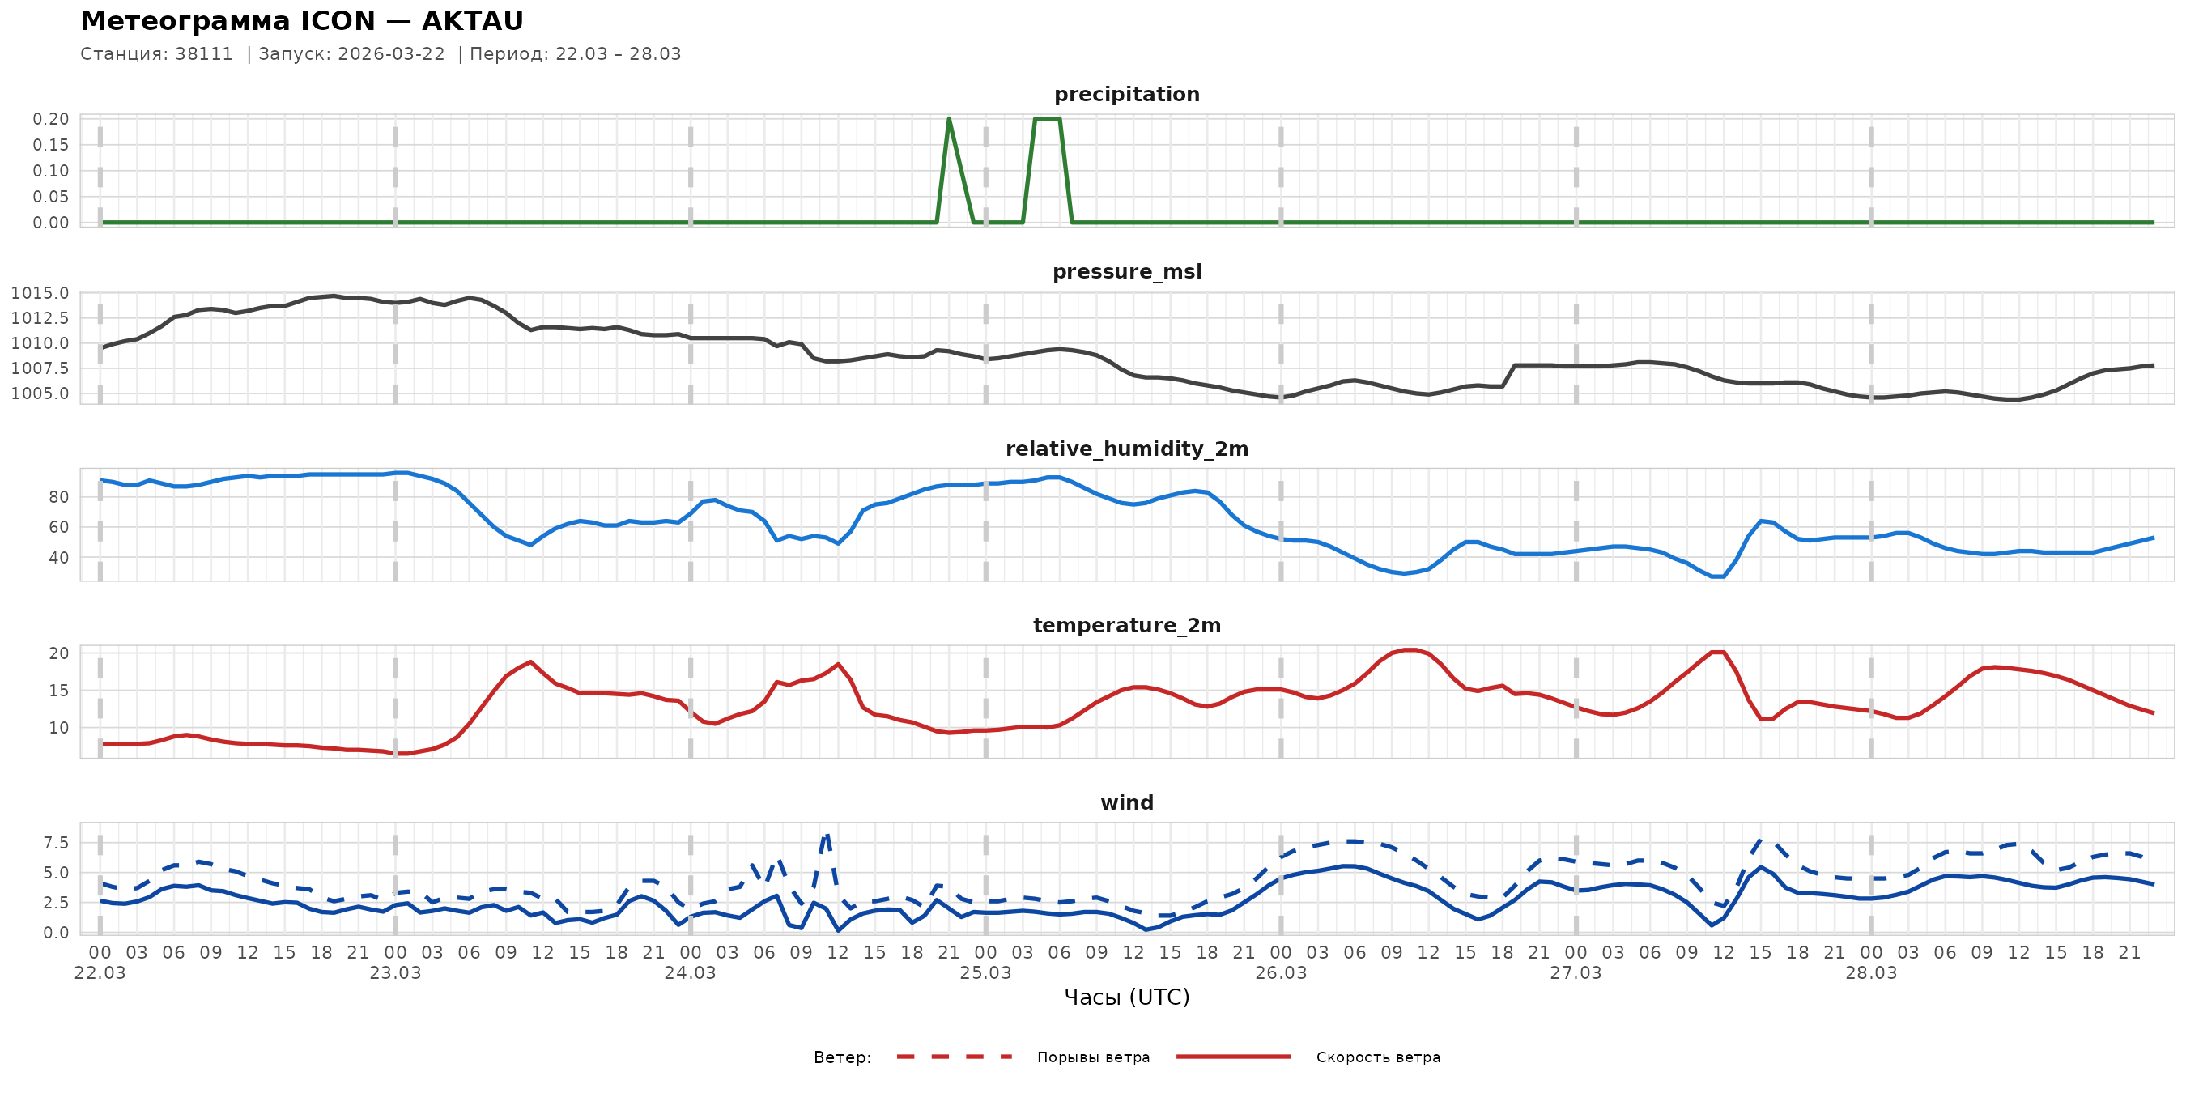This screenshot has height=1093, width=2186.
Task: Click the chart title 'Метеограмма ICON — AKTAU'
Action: pyautogui.click(x=301, y=21)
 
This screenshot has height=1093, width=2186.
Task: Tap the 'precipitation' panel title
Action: pyautogui.click(x=1126, y=94)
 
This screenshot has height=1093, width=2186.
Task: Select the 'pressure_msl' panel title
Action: pyautogui.click(x=1126, y=271)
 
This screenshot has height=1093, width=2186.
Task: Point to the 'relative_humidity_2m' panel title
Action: pyautogui.click(x=1126, y=449)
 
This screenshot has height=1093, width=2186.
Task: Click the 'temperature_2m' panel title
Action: pyautogui.click(x=1126, y=625)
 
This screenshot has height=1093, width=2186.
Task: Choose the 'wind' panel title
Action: pyautogui.click(x=1126, y=803)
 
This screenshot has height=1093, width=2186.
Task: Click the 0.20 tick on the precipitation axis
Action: pyautogui.click(x=51, y=119)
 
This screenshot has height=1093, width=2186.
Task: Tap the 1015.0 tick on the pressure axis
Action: pyautogui.click(x=40, y=294)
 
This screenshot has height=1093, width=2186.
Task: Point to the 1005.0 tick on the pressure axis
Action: pyautogui.click(x=40, y=393)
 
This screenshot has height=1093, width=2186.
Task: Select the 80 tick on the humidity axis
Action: pyautogui.click(x=58, y=497)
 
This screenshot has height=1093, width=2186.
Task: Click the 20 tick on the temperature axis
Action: pyautogui.click(x=58, y=653)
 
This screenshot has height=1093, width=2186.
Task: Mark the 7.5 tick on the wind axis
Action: pyautogui.click(x=56, y=843)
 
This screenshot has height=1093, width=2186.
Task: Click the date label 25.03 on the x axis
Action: pyautogui.click(x=985, y=973)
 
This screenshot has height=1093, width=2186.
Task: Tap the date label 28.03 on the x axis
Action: pyautogui.click(x=1870, y=973)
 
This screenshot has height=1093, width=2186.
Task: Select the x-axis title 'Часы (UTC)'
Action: pyautogui.click(x=1126, y=997)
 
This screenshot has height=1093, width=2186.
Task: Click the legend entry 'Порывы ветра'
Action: pyautogui.click(x=1093, y=1057)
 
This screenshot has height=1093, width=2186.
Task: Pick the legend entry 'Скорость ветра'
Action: pyautogui.click(x=1377, y=1057)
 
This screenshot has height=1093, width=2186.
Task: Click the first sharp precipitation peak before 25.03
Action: pyautogui.click(x=949, y=120)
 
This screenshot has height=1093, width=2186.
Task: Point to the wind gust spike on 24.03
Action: pyautogui.click(x=827, y=835)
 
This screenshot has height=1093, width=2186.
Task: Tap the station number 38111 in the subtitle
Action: pyautogui.click(x=204, y=54)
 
